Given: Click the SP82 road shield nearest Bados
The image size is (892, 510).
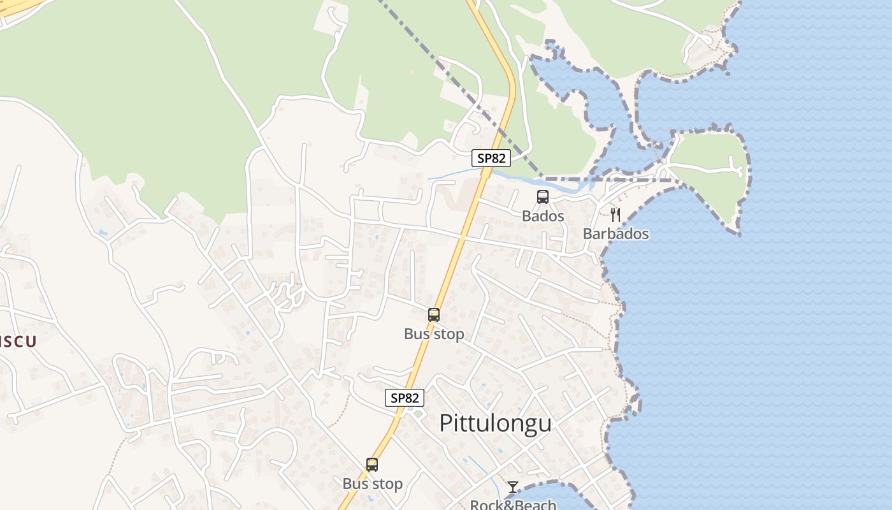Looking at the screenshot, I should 491,158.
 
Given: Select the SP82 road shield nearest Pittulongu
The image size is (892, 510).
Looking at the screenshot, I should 405,398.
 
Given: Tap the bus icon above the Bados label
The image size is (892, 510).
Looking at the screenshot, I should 543,197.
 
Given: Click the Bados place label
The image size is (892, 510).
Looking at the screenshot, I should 543,216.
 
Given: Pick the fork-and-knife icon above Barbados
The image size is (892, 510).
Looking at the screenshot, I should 615,214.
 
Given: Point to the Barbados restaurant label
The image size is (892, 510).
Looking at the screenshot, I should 615,234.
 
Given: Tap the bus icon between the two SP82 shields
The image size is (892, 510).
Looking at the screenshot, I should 434,315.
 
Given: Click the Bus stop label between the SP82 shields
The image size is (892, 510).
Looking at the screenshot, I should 434,334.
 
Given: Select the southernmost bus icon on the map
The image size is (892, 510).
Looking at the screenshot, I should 372,465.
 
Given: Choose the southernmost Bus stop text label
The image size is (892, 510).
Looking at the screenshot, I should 372,484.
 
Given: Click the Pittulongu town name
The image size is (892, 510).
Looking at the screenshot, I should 495,423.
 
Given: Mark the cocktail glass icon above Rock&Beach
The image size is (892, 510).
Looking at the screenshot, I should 513,488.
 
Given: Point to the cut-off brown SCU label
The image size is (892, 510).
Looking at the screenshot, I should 17,341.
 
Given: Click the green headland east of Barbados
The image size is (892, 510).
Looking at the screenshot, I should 707,159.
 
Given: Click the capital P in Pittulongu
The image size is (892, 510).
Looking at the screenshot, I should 447,423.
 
